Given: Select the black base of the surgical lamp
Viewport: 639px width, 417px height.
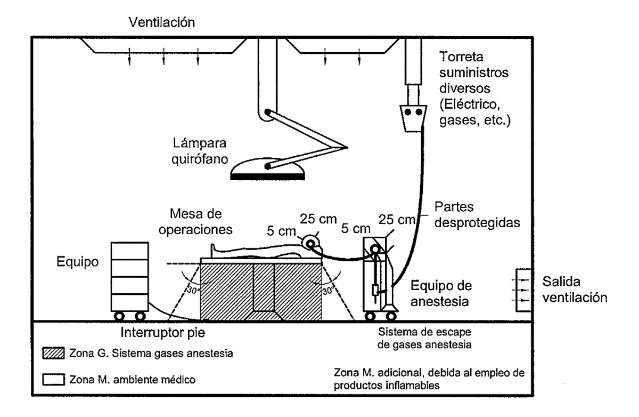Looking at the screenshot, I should coord(267,177).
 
